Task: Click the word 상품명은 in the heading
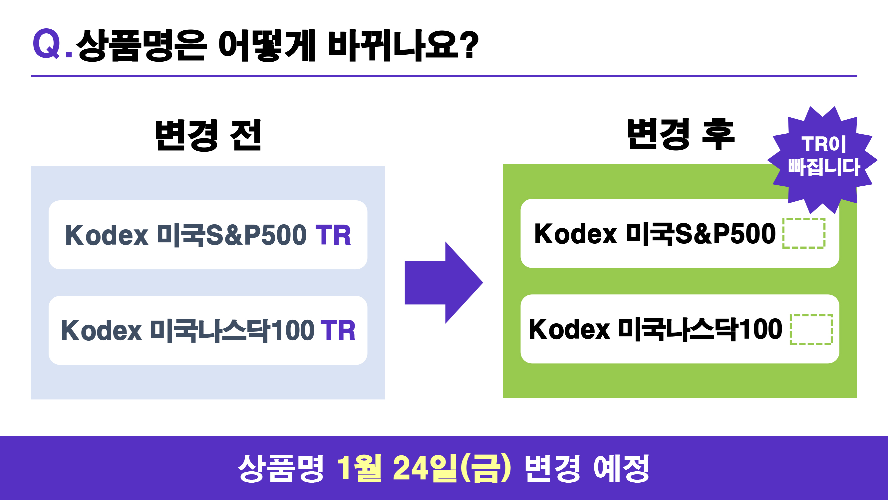coord(141,46)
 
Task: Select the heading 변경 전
coord(208,135)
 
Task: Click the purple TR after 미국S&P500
coord(333,235)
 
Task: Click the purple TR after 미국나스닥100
coord(338,331)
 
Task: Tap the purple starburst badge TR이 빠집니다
coord(823,160)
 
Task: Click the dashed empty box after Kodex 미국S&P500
coord(803,233)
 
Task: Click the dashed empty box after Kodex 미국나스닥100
coord(811,330)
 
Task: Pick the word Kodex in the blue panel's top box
coord(107,235)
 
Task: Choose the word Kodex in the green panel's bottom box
coord(569,330)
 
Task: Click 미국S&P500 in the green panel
coord(701,234)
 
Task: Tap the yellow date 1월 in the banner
coord(359,468)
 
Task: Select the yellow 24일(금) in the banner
coord(452,468)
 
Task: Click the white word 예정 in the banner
coord(621,468)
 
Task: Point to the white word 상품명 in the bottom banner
coord(281,468)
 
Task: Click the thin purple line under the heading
coord(444,76)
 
